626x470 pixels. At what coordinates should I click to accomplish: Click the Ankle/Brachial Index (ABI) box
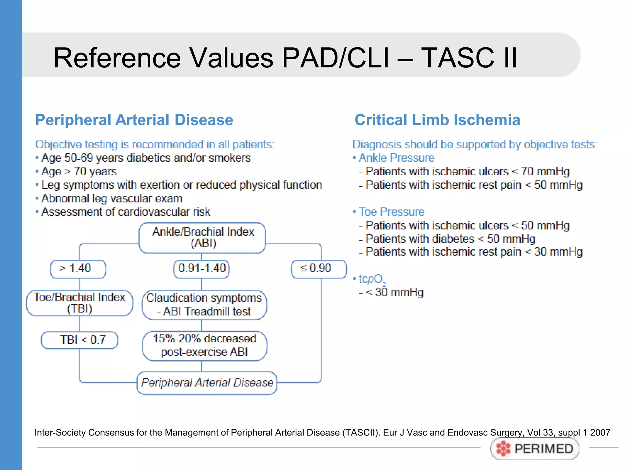coord(202,238)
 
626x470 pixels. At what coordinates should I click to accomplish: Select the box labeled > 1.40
coord(78,269)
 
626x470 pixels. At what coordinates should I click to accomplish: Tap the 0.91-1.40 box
coord(202,269)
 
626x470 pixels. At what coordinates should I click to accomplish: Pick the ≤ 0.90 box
coord(319,269)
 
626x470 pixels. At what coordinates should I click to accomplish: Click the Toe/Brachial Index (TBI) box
coord(79,303)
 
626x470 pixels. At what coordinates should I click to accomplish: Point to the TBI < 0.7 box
coord(79,340)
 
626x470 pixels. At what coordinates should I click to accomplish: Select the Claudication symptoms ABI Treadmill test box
coord(204,305)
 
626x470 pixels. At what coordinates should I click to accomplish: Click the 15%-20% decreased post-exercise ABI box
coord(204,345)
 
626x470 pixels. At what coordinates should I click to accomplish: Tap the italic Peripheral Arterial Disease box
coord(207,383)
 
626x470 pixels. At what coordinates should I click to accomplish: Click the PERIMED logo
coord(535,449)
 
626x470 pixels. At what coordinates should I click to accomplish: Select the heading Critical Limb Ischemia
coord(437,120)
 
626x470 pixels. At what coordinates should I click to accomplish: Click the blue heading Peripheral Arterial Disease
coord(134,120)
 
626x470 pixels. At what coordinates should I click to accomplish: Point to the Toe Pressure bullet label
coord(391,212)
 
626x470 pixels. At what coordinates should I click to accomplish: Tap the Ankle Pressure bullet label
coord(396,158)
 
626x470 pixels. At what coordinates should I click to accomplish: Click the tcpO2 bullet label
coord(371,279)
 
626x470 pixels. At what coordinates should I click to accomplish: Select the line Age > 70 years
coord(79,171)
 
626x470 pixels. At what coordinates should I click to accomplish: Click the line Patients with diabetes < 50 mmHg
coord(450,239)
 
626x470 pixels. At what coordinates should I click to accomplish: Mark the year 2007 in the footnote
coord(600,432)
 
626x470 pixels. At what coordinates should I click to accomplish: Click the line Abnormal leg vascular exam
coord(112,199)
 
